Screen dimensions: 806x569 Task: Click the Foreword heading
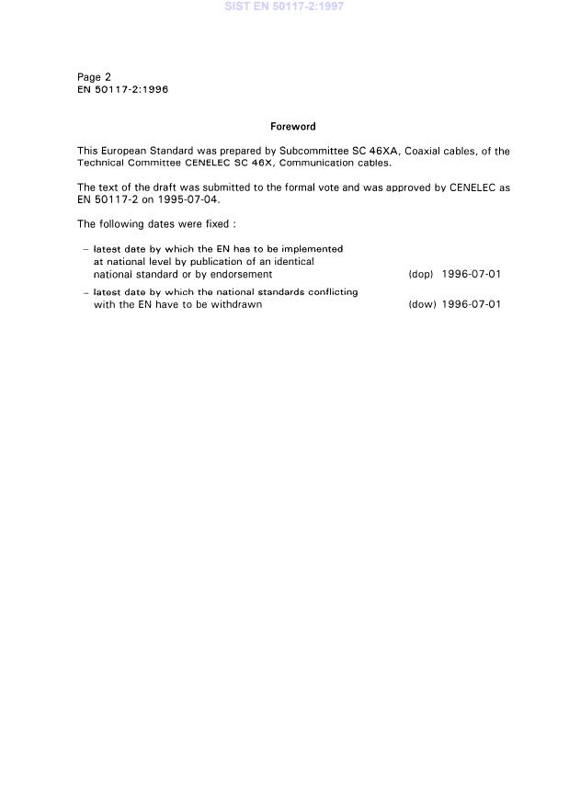[292, 127]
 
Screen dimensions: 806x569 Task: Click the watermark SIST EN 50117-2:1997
[284, 6]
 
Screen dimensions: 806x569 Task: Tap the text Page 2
[94, 77]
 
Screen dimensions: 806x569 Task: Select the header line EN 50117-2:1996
[122, 90]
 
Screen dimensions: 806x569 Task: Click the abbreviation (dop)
[420, 274]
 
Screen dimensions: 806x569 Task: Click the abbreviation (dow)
[421, 304]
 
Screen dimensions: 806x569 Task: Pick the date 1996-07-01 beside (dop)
[471, 274]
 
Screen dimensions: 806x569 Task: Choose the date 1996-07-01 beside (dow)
[471, 304]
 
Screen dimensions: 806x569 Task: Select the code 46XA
[379, 151]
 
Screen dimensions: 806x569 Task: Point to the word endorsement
[241, 274]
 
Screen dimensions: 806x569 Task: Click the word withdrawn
[238, 304]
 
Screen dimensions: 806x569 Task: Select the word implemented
[313, 249]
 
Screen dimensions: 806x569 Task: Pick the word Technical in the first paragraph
[101, 163]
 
